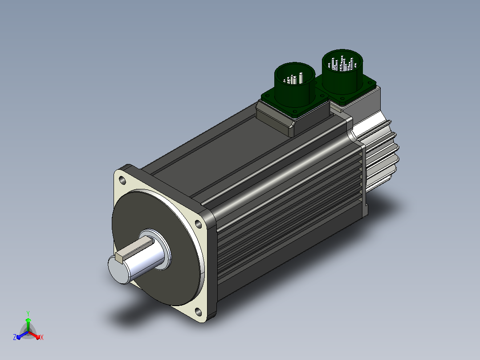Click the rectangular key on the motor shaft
pos(134,248)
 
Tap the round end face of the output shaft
pos(119,270)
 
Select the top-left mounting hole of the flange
pos(122,180)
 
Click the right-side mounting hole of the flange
pos(199,224)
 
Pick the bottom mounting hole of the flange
pos(199,312)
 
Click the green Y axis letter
pos(28,313)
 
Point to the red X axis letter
pos(42,337)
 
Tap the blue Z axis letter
pos(15,337)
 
